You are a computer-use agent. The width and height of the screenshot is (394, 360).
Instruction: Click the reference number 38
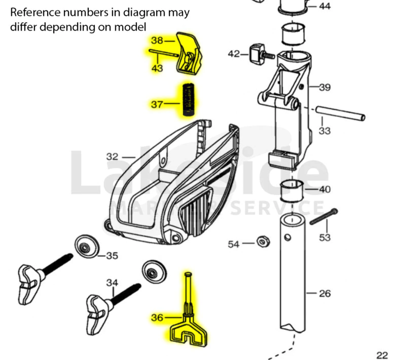pyautogui.click(x=157, y=41)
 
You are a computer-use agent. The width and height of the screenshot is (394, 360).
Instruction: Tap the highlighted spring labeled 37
pyautogui.click(x=189, y=101)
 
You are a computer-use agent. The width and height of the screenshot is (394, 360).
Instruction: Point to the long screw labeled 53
pyautogui.click(x=323, y=217)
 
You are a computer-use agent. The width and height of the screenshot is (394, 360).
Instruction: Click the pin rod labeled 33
pyautogui.click(x=340, y=114)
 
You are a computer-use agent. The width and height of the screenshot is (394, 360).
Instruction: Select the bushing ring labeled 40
pyautogui.click(x=291, y=190)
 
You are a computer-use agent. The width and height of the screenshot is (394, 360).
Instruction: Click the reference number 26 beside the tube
pyautogui.click(x=325, y=293)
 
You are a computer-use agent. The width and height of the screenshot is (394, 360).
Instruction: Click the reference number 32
pyautogui.click(x=112, y=157)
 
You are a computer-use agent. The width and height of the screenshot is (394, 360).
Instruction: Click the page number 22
pyautogui.click(x=382, y=355)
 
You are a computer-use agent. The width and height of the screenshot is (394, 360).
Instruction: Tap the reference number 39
pyautogui.click(x=325, y=87)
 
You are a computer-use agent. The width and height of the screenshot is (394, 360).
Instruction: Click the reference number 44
pyautogui.click(x=325, y=7)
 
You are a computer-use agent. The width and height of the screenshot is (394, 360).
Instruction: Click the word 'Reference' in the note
pyautogui.click(x=36, y=12)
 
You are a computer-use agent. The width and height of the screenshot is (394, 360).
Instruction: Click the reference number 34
pyautogui.click(x=112, y=283)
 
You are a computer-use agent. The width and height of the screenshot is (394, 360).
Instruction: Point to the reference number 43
pyautogui.click(x=157, y=68)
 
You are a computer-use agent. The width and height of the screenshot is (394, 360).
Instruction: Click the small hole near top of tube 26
pyautogui.click(x=287, y=237)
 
